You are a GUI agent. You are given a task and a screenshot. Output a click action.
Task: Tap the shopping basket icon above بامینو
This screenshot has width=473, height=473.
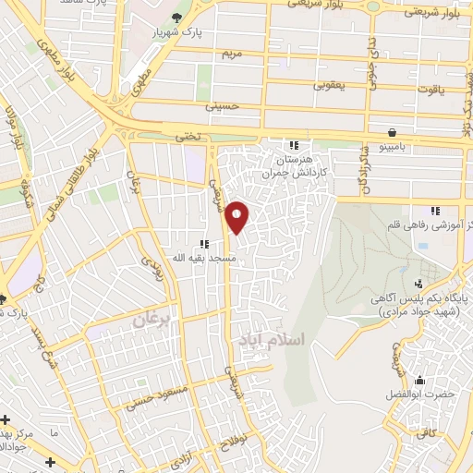pyautogui.click(x=394, y=132)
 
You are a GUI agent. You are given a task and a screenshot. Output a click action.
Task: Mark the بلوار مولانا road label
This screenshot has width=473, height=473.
pyautogui.click(x=13, y=130)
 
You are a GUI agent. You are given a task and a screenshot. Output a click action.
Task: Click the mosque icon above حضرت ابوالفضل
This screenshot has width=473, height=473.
pyautogui.click(x=420, y=380)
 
